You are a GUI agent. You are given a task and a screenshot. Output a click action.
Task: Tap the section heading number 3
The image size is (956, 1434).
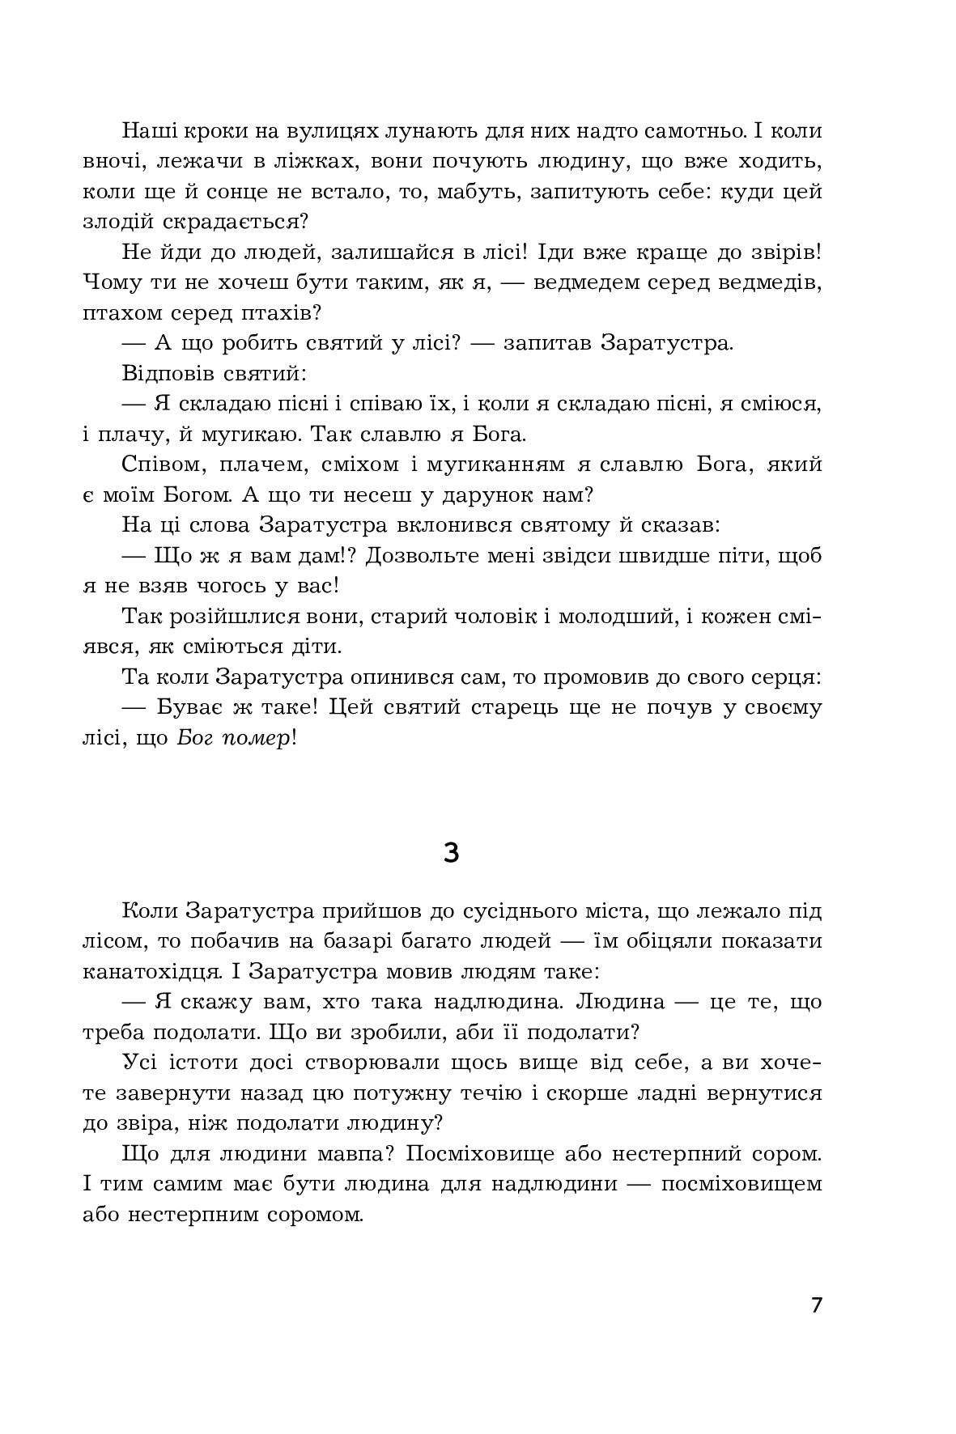coord(452,852)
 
